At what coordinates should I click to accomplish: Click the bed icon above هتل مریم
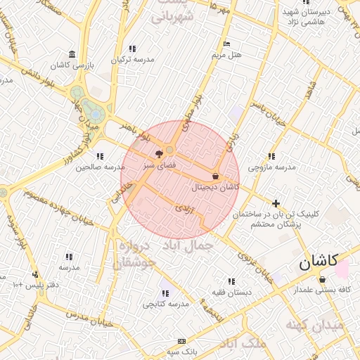point(226,44)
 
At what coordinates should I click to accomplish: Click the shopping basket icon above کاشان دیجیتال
point(215,176)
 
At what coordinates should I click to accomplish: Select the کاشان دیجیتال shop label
point(215,187)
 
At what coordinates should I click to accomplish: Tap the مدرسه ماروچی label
point(272,167)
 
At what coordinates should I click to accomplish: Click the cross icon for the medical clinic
point(276,202)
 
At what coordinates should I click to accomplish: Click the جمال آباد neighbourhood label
point(188,245)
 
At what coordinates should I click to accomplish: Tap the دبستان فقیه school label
point(231,291)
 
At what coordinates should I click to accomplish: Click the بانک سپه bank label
point(181,351)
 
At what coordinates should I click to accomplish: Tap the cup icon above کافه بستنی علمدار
point(323,279)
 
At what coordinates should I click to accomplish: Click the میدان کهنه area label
point(314,325)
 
